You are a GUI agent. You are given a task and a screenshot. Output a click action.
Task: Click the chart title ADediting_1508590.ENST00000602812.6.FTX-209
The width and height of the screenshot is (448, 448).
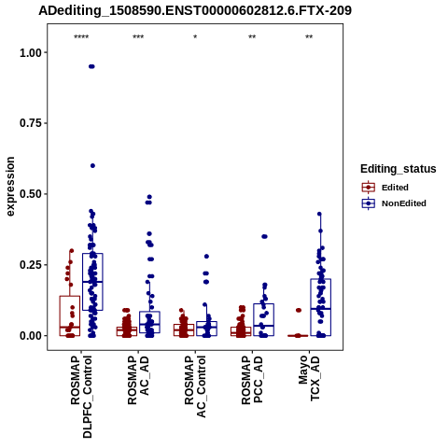(195, 10)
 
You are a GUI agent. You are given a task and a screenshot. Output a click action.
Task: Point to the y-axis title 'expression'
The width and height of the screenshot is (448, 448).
(10, 187)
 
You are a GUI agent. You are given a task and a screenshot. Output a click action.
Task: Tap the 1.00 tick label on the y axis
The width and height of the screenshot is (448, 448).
(31, 52)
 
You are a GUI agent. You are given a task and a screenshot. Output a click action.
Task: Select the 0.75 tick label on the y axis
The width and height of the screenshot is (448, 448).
(31, 123)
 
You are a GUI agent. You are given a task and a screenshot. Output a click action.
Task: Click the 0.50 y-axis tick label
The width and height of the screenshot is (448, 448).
(31, 194)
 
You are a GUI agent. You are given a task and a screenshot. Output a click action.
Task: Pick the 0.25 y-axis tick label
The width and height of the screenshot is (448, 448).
(31, 265)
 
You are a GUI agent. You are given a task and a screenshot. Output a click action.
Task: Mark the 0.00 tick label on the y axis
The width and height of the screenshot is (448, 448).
(31, 336)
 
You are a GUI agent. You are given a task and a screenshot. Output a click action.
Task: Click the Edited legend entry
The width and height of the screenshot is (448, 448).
(395, 188)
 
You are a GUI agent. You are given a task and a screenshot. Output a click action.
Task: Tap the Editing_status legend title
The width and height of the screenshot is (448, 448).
(399, 169)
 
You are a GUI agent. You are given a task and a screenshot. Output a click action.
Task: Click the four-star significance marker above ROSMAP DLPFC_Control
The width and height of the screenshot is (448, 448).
(81, 37)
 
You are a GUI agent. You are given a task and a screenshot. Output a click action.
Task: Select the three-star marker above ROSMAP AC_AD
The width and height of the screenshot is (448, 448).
(138, 37)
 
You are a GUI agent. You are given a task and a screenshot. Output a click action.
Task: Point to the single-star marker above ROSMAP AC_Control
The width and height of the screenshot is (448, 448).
(195, 37)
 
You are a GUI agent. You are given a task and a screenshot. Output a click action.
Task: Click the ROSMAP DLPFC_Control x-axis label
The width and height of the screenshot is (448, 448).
(81, 397)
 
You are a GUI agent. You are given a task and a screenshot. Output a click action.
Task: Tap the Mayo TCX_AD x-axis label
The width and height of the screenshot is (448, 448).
(309, 378)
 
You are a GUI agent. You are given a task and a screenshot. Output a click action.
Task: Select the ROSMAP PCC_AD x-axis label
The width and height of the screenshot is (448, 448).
(252, 380)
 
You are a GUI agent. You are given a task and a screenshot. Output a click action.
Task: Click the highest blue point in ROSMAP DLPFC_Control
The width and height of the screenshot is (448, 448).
(91, 66)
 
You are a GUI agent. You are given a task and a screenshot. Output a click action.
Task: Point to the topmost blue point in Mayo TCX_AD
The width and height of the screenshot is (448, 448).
(319, 214)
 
